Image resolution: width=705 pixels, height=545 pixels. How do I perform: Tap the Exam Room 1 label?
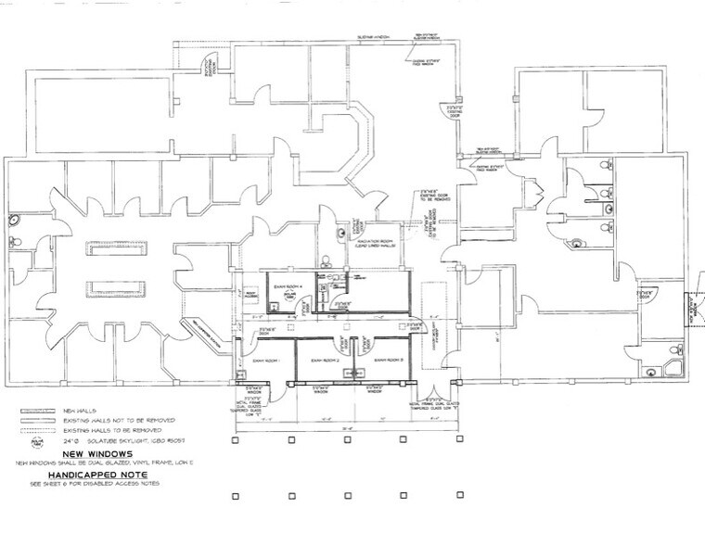pos(265,358)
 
